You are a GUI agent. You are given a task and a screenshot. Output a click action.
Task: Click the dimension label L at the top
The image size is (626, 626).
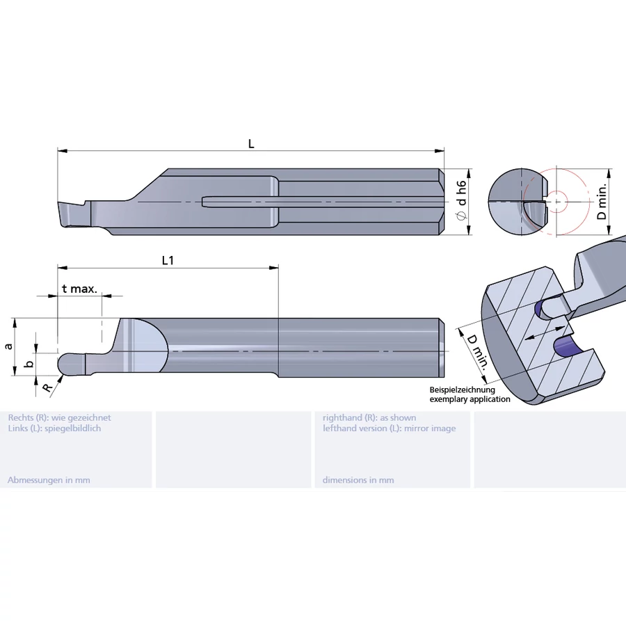coord(251,144)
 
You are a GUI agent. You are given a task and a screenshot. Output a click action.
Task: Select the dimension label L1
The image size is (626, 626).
coord(168,260)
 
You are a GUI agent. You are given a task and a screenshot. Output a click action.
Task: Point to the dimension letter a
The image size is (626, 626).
coord(8,346)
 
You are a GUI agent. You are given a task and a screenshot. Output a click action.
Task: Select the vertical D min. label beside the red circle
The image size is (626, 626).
coord(602,202)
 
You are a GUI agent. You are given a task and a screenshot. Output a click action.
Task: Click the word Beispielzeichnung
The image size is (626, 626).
coord(462,390)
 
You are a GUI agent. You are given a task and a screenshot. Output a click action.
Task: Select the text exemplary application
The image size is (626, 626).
coord(469,399)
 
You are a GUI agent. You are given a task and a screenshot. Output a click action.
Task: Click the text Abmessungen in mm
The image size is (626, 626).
coord(49,480)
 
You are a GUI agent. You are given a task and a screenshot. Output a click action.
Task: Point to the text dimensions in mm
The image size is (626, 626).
coord(358,480)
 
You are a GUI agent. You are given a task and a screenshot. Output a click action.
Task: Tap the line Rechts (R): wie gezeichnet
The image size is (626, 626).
coord(59,417)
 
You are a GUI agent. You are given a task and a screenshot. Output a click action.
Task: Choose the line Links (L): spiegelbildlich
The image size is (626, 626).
coord(54,428)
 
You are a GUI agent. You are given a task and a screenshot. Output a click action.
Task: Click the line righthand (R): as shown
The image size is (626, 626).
coord(369,417)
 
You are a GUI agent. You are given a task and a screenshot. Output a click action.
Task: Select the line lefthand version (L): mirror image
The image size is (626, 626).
coord(389,428)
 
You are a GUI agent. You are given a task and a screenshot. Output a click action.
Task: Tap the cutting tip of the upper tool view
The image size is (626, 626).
coord(70,214)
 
